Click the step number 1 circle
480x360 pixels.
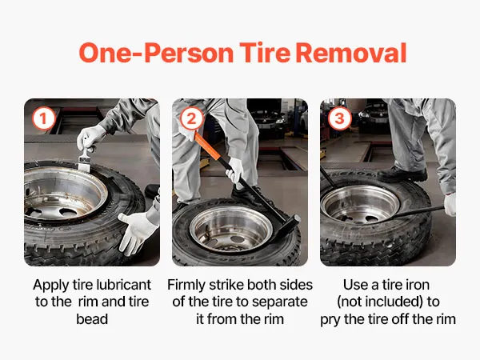(x=44, y=118)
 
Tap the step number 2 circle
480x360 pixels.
(x=192, y=118)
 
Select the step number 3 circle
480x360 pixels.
(x=339, y=118)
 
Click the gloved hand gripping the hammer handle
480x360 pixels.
(x=235, y=172)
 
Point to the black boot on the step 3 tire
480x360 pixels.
(x=402, y=174)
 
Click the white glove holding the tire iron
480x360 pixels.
(x=450, y=204)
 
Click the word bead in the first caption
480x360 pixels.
(x=92, y=319)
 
